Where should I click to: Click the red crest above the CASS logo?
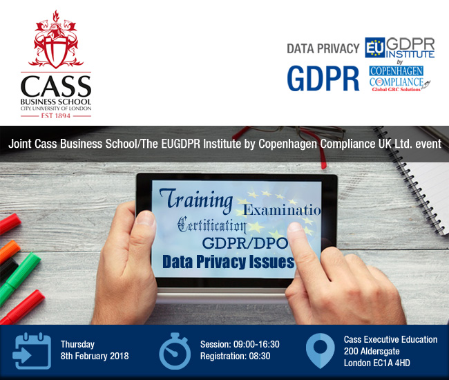point(56,39)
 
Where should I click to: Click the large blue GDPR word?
point(323,79)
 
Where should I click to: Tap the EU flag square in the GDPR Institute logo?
point(375,48)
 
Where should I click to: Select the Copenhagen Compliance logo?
point(400,79)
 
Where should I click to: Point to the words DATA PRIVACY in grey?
point(323,48)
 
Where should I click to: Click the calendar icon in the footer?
point(32,351)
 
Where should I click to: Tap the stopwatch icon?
point(175,351)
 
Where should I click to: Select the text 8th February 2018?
point(95,356)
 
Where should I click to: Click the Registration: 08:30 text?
point(235,356)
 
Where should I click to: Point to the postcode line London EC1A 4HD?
point(377,363)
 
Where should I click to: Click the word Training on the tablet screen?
point(196,199)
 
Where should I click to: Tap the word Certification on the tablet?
point(211,225)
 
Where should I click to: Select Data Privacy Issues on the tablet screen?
point(228,262)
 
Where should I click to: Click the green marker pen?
point(18,278)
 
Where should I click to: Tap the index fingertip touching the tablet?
point(295,229)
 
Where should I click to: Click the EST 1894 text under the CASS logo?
point(56,115)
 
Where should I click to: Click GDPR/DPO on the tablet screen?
point(245,243)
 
